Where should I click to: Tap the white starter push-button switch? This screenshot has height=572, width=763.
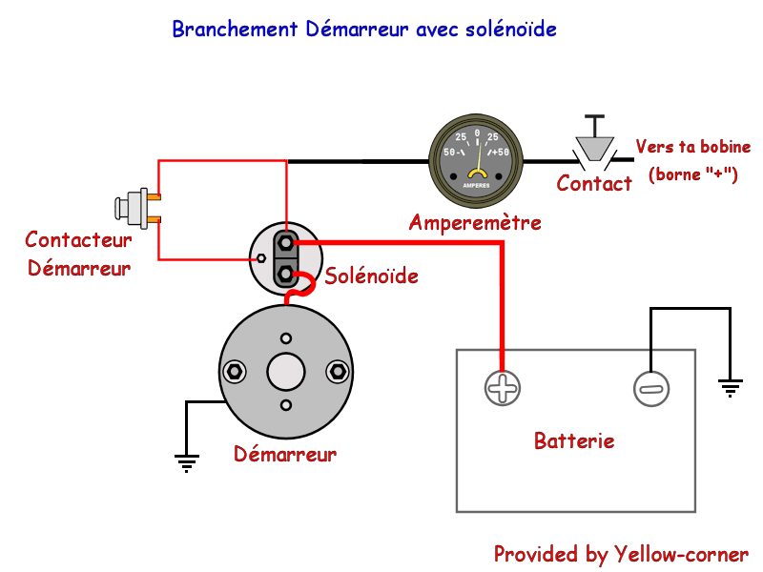pyautogui.click(x=132, y=208)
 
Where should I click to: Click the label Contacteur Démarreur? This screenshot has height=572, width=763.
pyautogui.click(x=78, y=254)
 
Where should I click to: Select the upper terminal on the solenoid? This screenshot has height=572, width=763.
pyautogui.click(x=285, y=243)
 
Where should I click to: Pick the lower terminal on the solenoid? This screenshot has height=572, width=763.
pyautogui.click(x=285, y=274)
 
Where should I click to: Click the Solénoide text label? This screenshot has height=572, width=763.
pyautogui.click(x=371, y=276)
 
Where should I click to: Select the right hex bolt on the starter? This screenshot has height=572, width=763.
pyautogui.click(x=337, y=371)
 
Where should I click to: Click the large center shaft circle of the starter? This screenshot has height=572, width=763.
pyautogui.click(x=286, y=372)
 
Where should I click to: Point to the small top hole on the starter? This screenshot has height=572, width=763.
pyautogui.click(x=286, y=338)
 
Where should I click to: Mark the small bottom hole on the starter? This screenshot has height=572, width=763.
pyautogui.click(x=286, y=405)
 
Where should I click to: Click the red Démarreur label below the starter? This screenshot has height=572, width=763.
pyautogui.click(x=285, y=455)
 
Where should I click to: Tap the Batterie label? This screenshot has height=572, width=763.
pyautogui.click(x=574, y=441)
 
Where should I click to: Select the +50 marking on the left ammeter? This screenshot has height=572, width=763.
pyautogui.click(x=500, y=153)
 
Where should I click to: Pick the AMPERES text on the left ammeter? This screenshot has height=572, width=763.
pyautogui.click(x=476, y=185)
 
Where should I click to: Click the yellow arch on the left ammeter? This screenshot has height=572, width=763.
pyautogui.click(x=476, y=174)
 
